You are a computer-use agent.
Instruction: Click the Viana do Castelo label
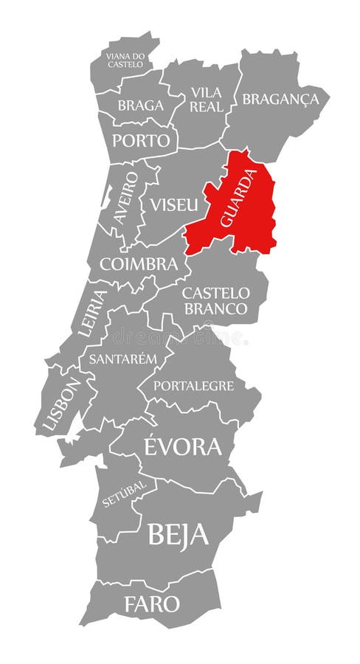click(x=125, y=59)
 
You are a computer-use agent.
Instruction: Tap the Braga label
click(x=140, y=106)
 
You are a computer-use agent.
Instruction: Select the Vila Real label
click(x=206, y=100)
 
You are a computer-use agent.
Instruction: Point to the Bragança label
click(x=280, y=99)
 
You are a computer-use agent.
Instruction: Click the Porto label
click(x=141, y=140)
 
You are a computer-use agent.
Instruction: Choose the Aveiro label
click(x=126, y=197)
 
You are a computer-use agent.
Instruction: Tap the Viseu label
click(x=174, y=204)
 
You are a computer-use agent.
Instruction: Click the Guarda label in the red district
click(x=238, y=198)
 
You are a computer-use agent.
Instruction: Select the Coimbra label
click(x=139, y=263)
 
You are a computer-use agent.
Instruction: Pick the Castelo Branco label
click(x=216, y=300)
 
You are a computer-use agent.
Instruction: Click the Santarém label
click(x=123, y=359)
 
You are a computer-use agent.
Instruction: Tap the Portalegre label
click(x=193, y=385)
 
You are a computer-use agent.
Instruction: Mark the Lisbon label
click(x=60, y=405)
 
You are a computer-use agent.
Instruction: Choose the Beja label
click(x=178, y=534)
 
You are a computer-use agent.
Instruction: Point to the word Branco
click(x=216, y=308)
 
